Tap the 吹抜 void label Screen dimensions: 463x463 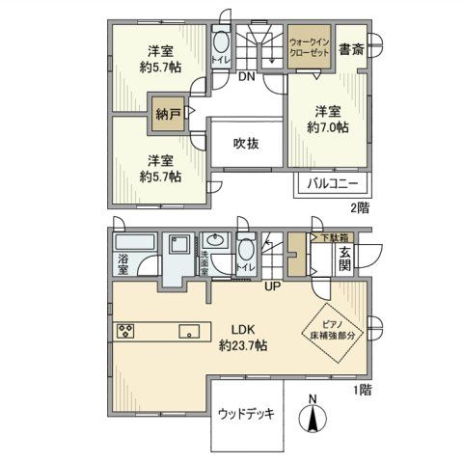246,144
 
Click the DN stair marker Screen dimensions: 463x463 247,77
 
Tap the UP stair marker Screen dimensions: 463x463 274,286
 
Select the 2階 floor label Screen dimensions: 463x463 359,206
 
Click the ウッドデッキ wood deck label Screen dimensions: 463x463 246,415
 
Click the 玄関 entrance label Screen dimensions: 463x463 344,260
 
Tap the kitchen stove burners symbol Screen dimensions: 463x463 126,331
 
